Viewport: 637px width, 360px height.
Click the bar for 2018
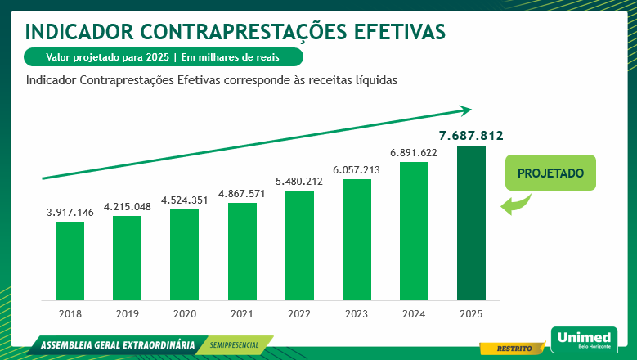pos(70,260)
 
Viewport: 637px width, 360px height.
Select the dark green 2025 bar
pos(470,223)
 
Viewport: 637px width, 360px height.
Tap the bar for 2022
pos(299,245)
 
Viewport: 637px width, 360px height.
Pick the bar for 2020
pos(184,254)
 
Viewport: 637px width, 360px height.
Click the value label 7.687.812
pos(470,135)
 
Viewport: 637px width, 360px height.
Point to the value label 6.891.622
pos(414,152)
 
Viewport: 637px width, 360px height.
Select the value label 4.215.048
pos(127,206)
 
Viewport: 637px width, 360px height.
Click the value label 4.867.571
pos(242,193)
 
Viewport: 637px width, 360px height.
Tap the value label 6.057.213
pos(357,169)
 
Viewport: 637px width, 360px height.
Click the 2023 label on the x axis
pos(357,314)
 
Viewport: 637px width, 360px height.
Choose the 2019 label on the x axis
pos(127,314)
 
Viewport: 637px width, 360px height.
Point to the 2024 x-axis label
pos(414,314)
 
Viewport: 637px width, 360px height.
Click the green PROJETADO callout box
pos(550,173)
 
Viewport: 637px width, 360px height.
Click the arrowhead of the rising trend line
pos(466,110)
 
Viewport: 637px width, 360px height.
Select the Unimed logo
pos(584,339)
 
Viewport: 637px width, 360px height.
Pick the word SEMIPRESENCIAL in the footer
pos(236,345)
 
